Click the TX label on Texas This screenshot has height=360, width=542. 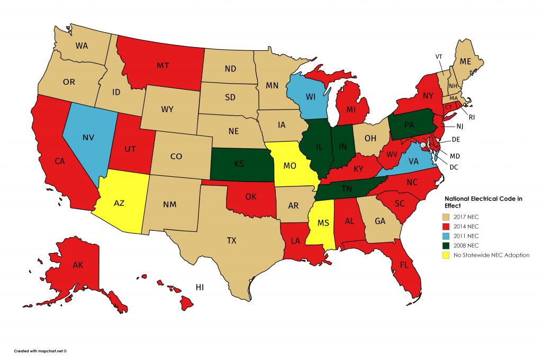(231, 240)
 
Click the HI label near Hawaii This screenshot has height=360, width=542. (200, 287)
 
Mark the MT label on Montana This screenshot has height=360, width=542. (163, 66)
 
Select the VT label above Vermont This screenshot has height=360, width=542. (439, 56)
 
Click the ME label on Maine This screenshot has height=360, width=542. (465, 61)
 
